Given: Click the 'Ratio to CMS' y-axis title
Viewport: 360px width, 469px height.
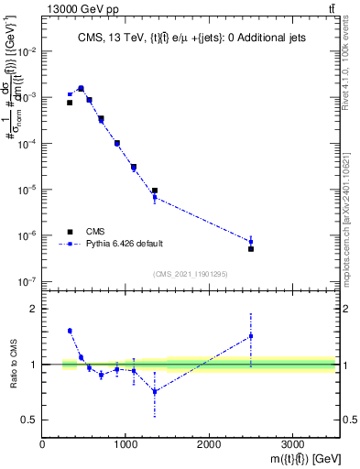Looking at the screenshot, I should [14, 365].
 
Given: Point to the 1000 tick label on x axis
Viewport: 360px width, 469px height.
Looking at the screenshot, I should [125, 444].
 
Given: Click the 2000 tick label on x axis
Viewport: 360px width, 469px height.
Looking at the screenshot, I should [209, 444].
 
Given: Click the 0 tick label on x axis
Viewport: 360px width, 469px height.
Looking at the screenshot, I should [42, 444].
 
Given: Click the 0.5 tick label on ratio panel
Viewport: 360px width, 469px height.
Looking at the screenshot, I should [29, 420].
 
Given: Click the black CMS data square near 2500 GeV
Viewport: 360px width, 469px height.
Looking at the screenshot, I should [251, 249].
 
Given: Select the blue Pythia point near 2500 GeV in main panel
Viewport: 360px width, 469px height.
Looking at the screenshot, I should [251, 242].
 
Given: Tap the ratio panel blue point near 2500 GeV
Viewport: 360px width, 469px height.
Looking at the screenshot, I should [251, 336].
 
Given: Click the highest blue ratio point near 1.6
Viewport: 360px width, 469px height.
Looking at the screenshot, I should [70, 331].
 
